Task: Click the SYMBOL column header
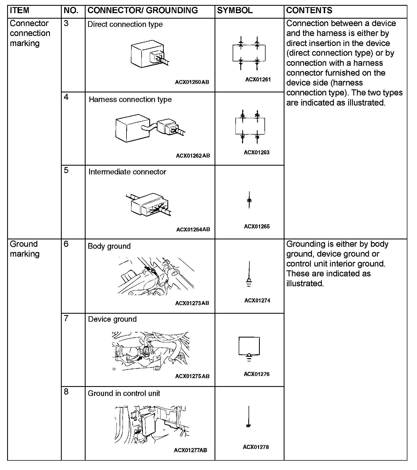(x=235, y=10)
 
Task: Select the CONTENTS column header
(x=309, y=10)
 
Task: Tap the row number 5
(x=66, y=170)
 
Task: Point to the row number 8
(x=66, y=392)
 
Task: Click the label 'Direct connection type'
(x=125, y=24)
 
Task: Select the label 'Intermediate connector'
(x=127, y=172)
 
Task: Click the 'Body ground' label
(x=109, y=246)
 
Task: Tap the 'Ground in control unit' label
(x=124, y=393)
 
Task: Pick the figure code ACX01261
(x=258, y=80)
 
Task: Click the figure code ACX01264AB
(x=193, y=230)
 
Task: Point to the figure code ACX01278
(x=256, y=447)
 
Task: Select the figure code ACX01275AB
(x=192, y=376)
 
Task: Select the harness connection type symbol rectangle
(x=250, y=126)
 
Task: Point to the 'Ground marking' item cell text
(x=25, y=249)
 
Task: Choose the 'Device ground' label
(x=112, y=319)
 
